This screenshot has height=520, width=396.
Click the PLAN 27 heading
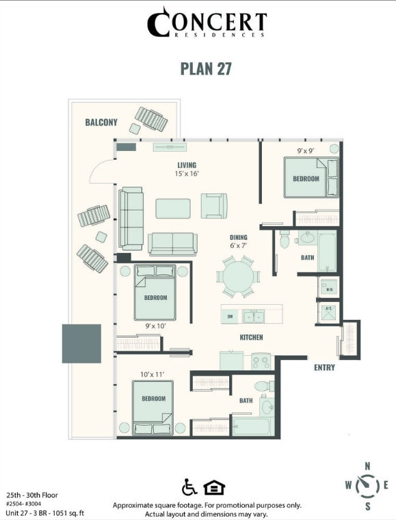206,69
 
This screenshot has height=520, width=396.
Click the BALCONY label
101,122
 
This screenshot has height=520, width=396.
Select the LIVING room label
187,165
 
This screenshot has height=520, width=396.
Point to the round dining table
238,277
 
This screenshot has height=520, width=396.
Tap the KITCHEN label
251,338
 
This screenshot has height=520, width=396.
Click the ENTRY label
324,368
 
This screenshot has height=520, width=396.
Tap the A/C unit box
328,310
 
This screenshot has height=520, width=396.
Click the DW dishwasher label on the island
230,316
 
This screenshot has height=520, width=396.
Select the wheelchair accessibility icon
189,487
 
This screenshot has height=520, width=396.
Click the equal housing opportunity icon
214,487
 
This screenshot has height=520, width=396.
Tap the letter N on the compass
367,466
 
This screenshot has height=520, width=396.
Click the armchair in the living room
213,205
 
